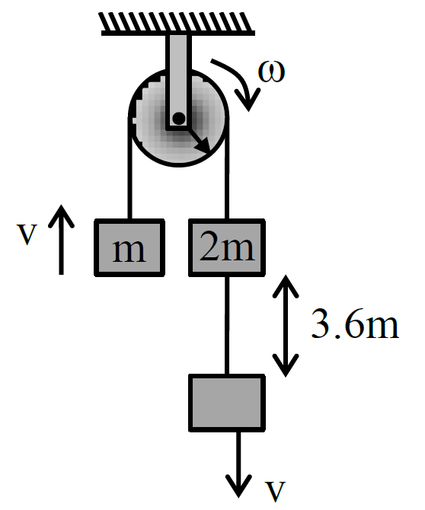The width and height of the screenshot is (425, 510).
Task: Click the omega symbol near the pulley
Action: click(x=272, y=72)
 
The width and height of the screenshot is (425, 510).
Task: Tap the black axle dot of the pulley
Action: click(x=179, y=118)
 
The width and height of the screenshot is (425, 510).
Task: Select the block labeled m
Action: click(x=129, y=248)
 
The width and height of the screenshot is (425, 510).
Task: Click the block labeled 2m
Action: click(x=227, y=248)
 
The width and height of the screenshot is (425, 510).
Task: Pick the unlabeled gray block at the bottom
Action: click(x=227, y=403)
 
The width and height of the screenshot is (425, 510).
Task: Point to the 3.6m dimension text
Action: click(x=355, y=324)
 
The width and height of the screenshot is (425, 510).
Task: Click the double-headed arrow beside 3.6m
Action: click(x=286, y=326)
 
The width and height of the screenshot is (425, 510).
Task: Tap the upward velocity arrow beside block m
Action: click(x=61, y=240)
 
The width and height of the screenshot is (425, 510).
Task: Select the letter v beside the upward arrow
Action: click(x=27, y=234)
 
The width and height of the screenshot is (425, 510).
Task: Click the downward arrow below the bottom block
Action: click(x=239, y=465)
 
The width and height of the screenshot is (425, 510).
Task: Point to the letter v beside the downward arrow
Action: click(x=275, y=490)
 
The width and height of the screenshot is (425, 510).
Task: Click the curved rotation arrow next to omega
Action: click(x=239, y=81)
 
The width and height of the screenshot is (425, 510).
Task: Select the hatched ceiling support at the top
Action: click(x=177, y=24)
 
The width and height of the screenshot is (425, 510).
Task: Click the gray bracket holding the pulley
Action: click(x=179, y=82)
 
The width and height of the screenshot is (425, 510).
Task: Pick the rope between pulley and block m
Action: click(x=130, y=167)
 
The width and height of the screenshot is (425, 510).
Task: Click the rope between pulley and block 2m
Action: click(x=227, y=167)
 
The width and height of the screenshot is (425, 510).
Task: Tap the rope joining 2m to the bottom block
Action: click(x=227, y=325)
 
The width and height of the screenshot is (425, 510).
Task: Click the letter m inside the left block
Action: click(x=129, y=251)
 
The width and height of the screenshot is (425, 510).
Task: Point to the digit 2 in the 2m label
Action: click(x=209, y=245)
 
